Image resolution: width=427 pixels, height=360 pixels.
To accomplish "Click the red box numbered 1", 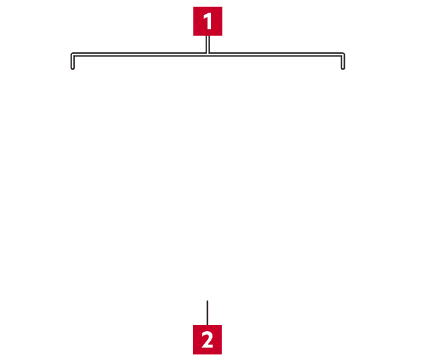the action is coord(208,21).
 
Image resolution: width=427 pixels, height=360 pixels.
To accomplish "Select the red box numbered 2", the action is coord(207,340).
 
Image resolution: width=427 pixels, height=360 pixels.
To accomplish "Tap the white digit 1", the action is coord(208,21).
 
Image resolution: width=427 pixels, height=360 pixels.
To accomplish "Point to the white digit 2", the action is coord(207,340).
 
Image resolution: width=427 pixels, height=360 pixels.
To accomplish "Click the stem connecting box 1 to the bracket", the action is coord(208,44).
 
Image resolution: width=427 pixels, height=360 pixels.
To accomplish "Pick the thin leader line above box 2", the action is coord(207,313).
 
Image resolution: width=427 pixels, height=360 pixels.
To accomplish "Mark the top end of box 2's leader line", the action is coord(207,301).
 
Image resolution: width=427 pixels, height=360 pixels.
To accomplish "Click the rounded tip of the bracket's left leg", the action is coord(73,68).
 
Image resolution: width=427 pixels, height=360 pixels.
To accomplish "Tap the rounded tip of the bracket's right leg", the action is coord(343,68).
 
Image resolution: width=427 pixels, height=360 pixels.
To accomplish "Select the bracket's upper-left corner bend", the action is coord(73,55).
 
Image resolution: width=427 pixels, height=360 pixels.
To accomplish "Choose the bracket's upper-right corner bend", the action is coord(343,55).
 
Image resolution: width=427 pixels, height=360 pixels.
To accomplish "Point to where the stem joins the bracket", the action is coord(208,55).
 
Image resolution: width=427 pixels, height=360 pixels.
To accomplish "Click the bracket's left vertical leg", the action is coord(73,61).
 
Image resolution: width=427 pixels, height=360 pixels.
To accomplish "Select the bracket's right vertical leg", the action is coord(343,61).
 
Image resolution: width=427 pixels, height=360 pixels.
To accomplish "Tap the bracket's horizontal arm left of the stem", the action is coord(139,55).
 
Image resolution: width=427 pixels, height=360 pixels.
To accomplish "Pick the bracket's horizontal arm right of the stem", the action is coord(276,55).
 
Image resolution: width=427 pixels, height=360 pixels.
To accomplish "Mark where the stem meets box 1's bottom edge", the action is coord(208,36).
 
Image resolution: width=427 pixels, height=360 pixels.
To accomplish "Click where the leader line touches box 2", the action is coord(207,325).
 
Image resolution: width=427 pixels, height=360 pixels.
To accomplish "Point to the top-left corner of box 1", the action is coord(193,7).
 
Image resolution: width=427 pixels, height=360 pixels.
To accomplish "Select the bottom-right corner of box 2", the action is coord(222,354).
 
